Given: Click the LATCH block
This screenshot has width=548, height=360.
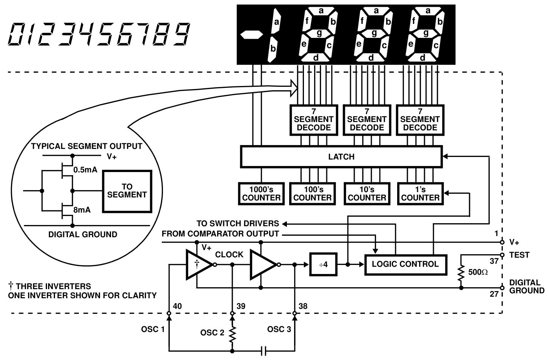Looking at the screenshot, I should click(341, 157).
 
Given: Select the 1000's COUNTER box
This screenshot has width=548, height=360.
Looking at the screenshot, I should click(261, 194).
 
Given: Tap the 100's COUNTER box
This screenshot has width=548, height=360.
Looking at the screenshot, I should click(312, 194).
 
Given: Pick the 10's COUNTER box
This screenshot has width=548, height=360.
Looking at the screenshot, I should click(366, 194).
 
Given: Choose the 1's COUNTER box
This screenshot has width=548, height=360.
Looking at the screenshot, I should click(420, 194).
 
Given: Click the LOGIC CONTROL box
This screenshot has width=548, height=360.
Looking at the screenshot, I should click(405, 264).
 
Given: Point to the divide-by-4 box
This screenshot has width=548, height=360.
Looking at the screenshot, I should click(323, 265).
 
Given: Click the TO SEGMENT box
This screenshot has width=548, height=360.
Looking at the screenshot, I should click(127, 191).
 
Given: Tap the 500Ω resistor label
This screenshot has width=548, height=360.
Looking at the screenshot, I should click(478, 272).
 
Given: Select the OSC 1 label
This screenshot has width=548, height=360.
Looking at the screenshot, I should click(153, 329).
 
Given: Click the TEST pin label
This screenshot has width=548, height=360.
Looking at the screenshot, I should click(519, 255).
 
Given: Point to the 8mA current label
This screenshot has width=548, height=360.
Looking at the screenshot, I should click(82, 210).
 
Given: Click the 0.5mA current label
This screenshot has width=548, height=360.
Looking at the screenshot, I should click(85, 170).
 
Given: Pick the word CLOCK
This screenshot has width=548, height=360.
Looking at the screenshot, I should click(229, 255).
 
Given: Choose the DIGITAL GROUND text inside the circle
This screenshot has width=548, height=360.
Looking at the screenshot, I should click(83, 235).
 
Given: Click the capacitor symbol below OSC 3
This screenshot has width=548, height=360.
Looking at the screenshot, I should click(264, 351).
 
